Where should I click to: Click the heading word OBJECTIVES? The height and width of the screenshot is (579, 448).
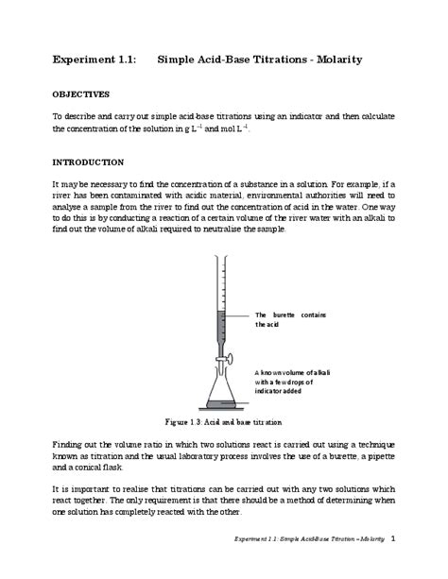pyautogui.click(x=81, y=94)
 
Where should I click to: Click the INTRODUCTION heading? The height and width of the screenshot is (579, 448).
pyautogui.click(x=88, y=162)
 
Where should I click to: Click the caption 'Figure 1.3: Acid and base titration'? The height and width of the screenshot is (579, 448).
pyautogui.click(x=223, y=421)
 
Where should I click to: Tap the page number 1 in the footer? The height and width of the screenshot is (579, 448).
pyautogui.click(x=392, y=538)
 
